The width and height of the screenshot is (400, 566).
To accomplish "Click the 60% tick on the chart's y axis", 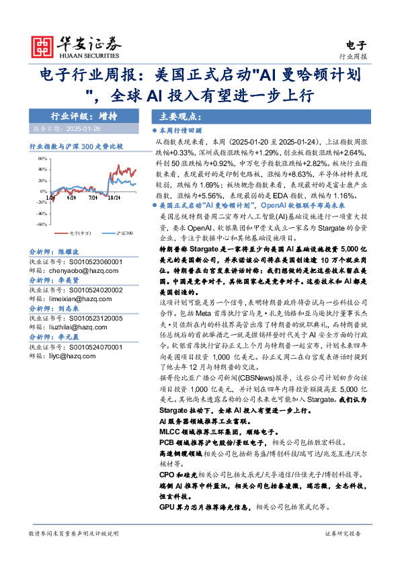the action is coord(42,159).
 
